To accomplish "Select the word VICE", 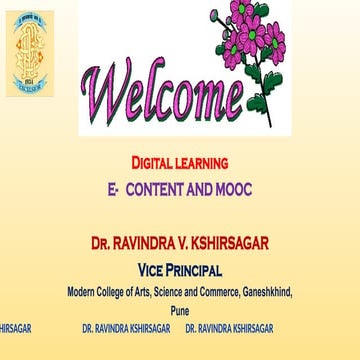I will coord(158,270).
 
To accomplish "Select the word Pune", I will coord(179,310).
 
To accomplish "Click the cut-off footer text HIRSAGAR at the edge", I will coord(14,327).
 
